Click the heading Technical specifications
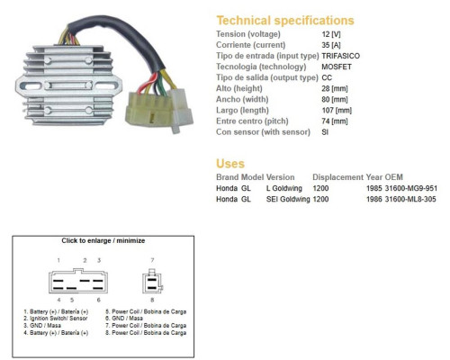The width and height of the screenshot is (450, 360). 285,21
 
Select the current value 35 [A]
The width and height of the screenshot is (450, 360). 331,45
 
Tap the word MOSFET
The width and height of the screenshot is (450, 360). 337,67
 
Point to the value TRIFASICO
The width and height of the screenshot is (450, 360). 340,56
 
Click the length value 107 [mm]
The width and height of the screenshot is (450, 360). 337,111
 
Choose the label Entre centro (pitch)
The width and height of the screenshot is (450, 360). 252,121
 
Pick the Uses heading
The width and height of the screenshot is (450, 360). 230,164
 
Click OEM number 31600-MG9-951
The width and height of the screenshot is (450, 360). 410,188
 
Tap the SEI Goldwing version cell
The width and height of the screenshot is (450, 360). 288,199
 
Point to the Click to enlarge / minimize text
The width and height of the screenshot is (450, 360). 103,240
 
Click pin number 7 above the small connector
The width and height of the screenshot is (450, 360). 152,260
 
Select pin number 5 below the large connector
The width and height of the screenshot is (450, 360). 72,300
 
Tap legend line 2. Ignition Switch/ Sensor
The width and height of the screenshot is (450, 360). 56,319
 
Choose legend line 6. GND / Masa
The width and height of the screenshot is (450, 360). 124,319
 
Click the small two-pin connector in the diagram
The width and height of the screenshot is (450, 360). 153,282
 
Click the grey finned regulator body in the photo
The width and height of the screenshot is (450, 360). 68,85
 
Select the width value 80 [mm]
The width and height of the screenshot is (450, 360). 335,99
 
